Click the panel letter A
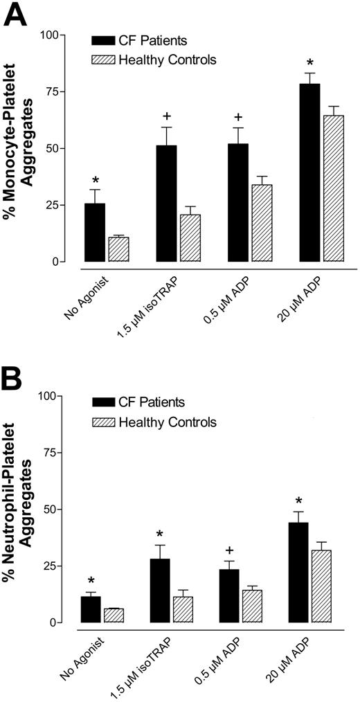click(17, 15)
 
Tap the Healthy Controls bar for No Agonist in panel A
click(119, 249)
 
